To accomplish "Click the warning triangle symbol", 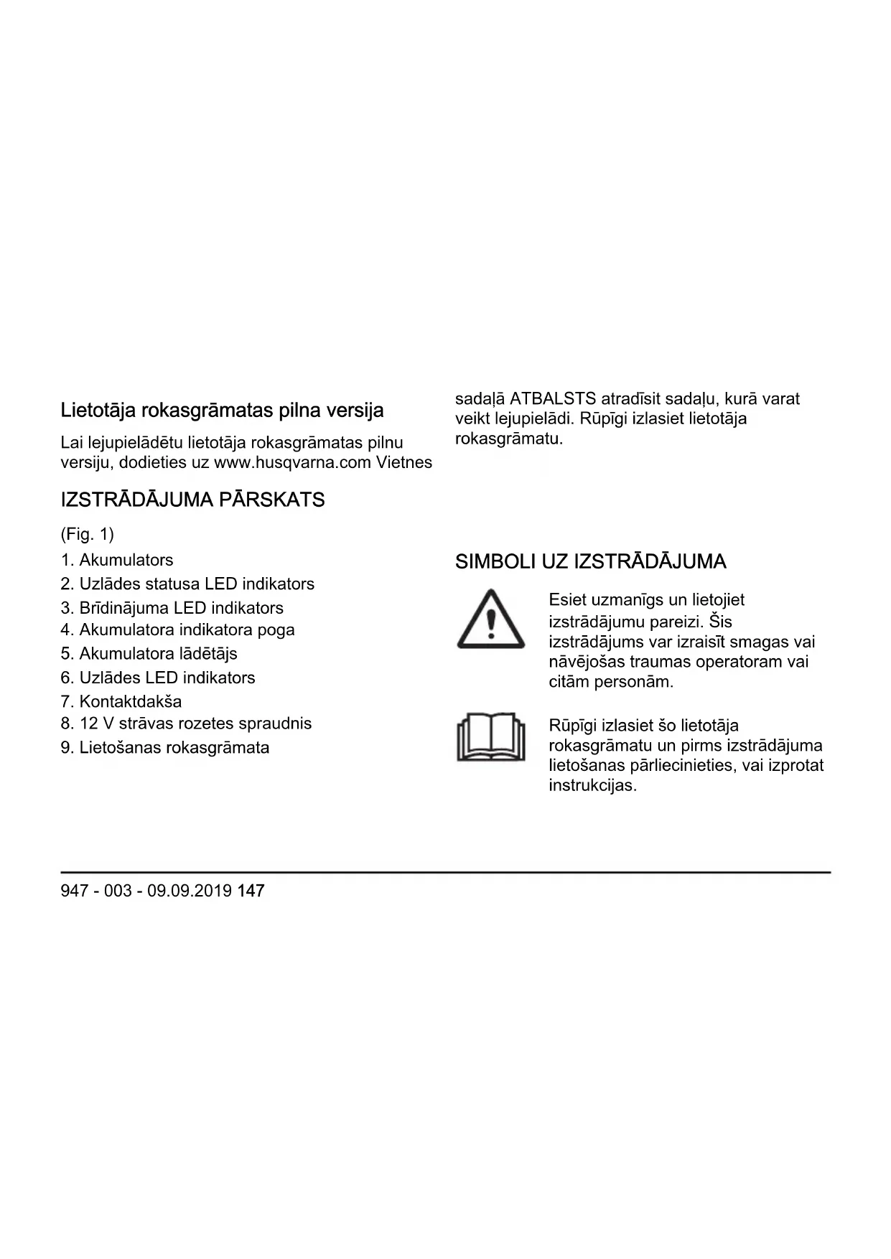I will [x=491, y=619].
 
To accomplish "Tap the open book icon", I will [x=491, y=736].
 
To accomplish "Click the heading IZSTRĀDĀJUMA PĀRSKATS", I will [x=192, y=500].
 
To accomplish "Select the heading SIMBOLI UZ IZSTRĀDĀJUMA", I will [x=590, y=561].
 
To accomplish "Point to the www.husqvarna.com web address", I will [x=293, y=462].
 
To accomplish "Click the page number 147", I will [x=251, y=891].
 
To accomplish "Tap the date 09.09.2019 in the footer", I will [x=190, y=891].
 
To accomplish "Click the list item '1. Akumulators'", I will [x=117, y=560].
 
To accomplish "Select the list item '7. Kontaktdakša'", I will [x=121, y=701].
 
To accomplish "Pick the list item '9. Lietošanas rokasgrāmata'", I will [x=165, y=747].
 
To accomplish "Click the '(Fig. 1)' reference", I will [x=88, y=534].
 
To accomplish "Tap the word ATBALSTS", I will [x=553, y=398].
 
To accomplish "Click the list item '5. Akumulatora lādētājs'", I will [x=149, y=653].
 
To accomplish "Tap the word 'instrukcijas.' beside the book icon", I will [x=592, y=785].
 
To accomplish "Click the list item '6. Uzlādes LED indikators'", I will [x=158, y=678].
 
